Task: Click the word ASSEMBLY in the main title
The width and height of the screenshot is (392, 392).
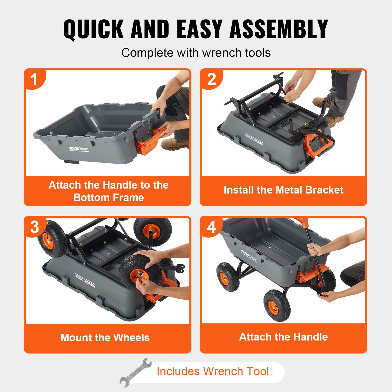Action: click(279, 29)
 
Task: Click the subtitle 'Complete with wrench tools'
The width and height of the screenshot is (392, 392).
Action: click(196, 53)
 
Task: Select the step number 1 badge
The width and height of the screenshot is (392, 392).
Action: click(34, 79)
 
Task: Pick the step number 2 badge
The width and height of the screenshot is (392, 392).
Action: click(211, 79)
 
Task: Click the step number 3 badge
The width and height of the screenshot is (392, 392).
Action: click(34, 227)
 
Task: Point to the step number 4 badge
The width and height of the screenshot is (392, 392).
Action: click(211, 227)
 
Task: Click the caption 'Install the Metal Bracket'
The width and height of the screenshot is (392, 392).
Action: click(283, 190)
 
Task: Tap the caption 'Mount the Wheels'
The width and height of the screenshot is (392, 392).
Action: click(105, 337)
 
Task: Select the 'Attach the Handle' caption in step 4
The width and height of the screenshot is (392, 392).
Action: click(283, 337)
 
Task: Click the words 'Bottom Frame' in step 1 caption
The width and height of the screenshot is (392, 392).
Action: click(109, 197)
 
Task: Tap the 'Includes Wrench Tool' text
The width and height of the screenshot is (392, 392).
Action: click(213, 371)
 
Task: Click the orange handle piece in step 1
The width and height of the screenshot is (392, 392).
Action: click(149, 141)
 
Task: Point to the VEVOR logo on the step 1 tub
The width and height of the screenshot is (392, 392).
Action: click(74, 149)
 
